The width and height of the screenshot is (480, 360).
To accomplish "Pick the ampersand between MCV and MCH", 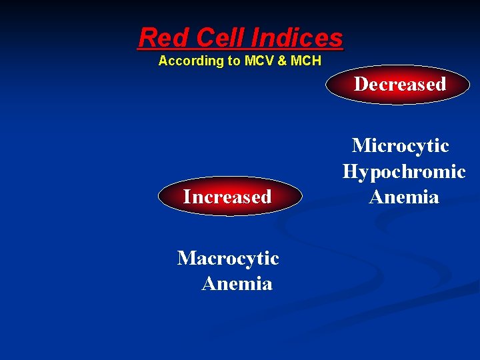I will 282,61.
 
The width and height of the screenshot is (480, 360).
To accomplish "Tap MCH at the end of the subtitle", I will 305,61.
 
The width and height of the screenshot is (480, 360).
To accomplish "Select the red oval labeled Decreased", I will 399,85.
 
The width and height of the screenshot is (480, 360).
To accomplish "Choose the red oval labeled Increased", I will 227,197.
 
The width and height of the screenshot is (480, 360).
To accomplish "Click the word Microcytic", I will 400,145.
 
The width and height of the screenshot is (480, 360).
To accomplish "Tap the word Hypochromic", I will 404,171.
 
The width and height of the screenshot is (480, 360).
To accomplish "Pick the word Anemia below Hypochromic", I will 404,197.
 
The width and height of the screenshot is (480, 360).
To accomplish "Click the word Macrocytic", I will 228,258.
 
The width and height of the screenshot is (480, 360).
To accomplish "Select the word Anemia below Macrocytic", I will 237,284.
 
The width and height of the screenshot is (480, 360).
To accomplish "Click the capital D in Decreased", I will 360,85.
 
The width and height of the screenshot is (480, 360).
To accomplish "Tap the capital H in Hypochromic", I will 351,171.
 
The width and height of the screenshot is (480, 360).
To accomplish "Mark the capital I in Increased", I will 187,197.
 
